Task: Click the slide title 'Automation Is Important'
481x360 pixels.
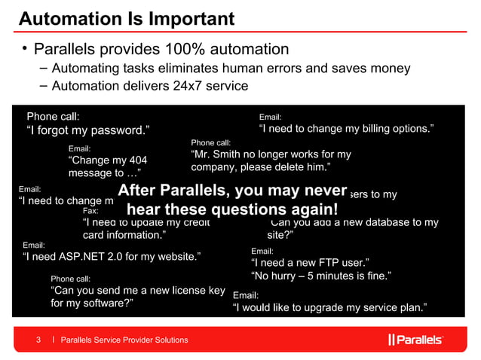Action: pos(126,17)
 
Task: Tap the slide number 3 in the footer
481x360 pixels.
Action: pos(40,340)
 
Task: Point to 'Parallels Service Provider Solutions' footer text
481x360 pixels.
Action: pos(124,340)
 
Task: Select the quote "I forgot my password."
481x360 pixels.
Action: pos(84,131)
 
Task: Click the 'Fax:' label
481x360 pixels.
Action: pos(90,211)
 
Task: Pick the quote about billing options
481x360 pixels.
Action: pos(346,130)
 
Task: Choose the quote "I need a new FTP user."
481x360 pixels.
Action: pos(309,263)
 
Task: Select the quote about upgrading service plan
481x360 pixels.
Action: pos(330,307)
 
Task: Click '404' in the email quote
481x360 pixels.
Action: pos(136,160)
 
